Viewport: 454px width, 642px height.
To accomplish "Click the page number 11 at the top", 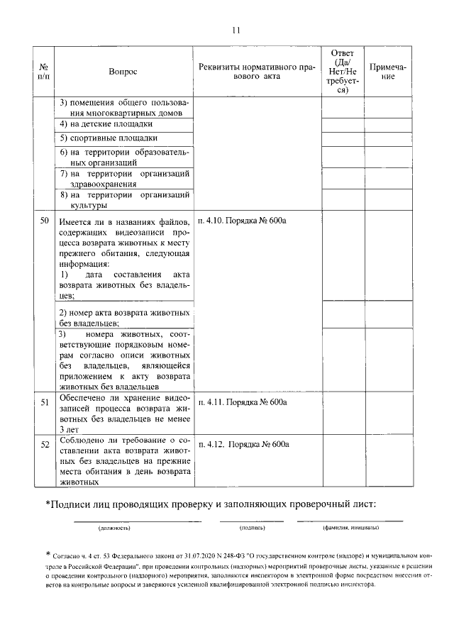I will coord(236,30).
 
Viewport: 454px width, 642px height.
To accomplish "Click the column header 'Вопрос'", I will coord(123,72).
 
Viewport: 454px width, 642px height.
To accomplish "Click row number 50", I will coord(44,221).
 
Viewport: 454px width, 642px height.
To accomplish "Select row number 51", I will coord(44,402).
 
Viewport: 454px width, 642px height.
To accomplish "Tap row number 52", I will coord(44,445).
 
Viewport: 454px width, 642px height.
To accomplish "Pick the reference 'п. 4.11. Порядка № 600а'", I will coord(243,402).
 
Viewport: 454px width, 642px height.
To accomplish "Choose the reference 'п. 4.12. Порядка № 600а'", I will coord(244,445).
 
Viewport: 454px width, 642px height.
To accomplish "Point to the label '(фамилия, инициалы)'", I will coord(350,528).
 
